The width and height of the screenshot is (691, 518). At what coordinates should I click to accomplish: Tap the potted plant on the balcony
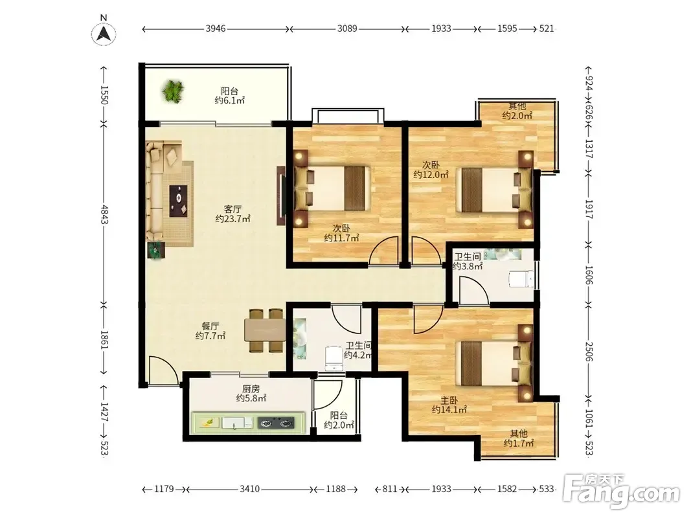(173, 91)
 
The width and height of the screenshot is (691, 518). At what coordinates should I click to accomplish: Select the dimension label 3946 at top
(216, 28)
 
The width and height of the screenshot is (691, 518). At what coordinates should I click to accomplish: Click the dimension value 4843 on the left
(104, 214)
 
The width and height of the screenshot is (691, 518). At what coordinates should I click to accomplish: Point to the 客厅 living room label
(232, 208)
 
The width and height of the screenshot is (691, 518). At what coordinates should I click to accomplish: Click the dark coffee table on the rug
(179, 201)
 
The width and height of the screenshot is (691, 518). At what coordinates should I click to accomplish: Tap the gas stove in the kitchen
(276, 423)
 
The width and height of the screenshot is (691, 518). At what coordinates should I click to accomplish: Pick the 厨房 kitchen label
(251, 389)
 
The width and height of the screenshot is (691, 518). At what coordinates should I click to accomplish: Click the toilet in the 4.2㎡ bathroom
(334, 358)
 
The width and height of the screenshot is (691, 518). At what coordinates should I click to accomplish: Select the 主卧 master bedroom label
(449, 400)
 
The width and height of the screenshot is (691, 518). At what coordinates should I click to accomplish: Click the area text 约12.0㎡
(431, 175)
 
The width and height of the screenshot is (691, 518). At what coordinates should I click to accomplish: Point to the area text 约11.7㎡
(341, 238)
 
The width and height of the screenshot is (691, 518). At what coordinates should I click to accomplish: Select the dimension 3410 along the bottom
(249, 489)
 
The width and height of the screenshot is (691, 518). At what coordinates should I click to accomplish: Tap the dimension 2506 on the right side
(589, 351)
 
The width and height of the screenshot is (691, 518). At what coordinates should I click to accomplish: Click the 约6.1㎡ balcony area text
(230, 101)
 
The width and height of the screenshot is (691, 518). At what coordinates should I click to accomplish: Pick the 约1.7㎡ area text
(519, 443)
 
